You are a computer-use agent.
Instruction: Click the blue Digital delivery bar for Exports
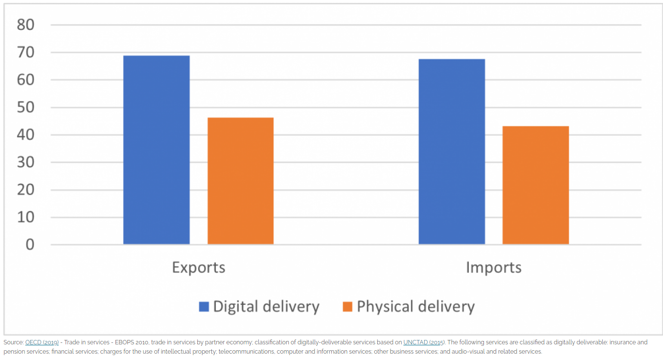[x=156, y=150]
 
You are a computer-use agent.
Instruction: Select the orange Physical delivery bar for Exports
[x=240, y=181]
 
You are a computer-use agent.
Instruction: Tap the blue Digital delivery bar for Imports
[x=452, y=152]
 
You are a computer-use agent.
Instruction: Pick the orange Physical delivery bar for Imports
[x=535, y=185]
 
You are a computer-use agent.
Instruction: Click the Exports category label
[x=198, y=268]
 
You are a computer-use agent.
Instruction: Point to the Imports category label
[x=493, y=268]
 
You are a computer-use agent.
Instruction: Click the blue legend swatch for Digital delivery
[x=204, y=307]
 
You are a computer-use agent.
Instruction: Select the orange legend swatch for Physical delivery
[x=347, y=307]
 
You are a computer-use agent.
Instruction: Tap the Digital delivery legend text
[x=266, y=307]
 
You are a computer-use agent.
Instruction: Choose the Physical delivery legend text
[x=416, y=307]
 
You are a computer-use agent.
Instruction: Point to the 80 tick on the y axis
[x=25, y=24]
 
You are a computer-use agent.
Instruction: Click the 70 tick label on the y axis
[x=25, y=52]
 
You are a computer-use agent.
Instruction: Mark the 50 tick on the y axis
[x=25, y=107]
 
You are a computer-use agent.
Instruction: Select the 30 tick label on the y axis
[x=25, y=162]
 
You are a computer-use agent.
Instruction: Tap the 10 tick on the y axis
[x=25, y=217]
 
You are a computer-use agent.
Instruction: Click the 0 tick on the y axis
[x=30, y=245]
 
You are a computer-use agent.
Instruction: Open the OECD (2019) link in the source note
[x=42, y=342]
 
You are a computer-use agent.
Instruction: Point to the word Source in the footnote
[x=13, y=342]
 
